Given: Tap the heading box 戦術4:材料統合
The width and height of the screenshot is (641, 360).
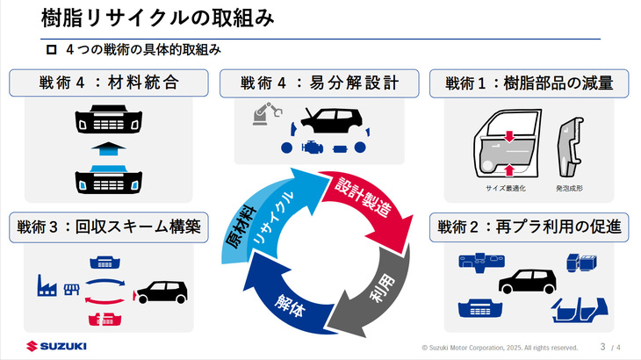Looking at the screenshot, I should (x=109, y=83).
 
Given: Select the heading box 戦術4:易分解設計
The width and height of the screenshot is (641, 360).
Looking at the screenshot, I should (x=320, y=83).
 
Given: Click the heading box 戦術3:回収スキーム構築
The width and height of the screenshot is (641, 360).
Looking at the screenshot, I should (x=109, y=227).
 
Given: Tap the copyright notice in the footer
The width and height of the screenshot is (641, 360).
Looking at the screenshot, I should (x=500, y=347).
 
